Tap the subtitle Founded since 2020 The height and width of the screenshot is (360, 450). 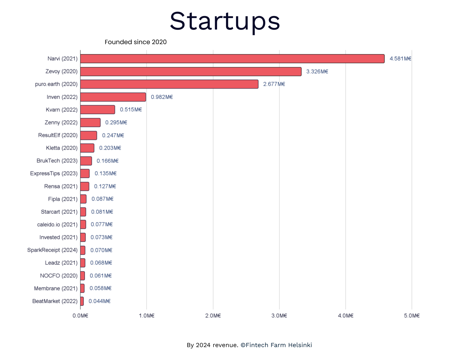[x=135, y=42]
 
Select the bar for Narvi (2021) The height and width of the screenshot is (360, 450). [x=232, y=59]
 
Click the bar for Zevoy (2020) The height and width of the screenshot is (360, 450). [x=191, y=71]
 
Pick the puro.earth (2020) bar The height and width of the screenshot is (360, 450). [x=169, y=84]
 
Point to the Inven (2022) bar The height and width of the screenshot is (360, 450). [x=113, y=97]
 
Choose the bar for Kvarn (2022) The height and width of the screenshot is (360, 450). [x=98, y=110]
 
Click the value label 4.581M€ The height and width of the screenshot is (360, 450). [x=400, y=59]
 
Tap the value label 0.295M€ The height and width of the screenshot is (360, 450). [x=116, y=122]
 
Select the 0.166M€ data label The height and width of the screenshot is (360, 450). [x=108, y=161]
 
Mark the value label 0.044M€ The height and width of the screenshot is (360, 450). [x=100, y=301]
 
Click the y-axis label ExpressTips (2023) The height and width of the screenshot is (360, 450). [x=54, y=174]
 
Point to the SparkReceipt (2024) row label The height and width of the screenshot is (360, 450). [x=52, y=250]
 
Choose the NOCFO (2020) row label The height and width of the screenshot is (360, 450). [x=59, y=276]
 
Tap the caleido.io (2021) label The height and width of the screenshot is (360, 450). [x=57, y=225]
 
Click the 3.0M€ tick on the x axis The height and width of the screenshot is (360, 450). [x=279, y=316]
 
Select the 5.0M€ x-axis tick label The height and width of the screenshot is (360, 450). [x=412, y=316]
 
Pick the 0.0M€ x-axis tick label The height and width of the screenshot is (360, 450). [x=80, y=316]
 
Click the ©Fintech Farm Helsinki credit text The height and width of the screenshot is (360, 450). [x=276, y=345]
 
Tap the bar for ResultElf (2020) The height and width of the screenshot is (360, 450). [x=89, y=135]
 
